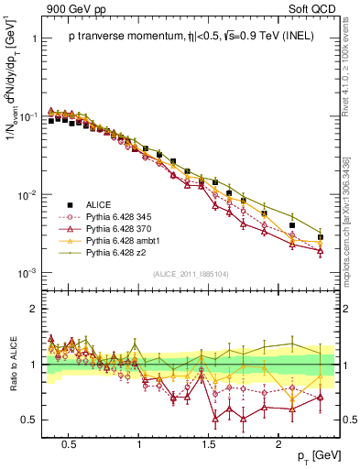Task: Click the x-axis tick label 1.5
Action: tap(210, 441)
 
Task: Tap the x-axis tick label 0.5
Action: tap(68, 441)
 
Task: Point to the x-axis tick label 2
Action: tap(280, 441)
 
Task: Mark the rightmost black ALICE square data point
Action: tap(320, 237)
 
